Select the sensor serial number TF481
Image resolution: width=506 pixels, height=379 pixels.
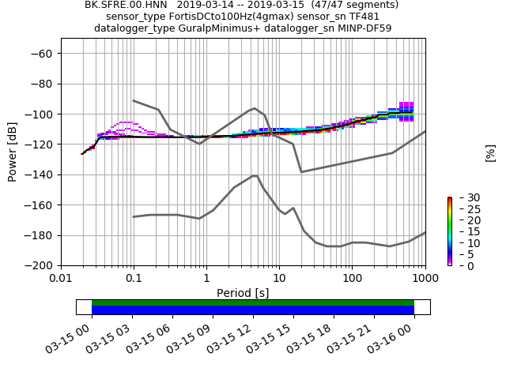tap(364, 17)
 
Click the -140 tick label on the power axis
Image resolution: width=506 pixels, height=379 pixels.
tap(40, 174)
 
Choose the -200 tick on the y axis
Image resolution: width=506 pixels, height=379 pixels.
tap(40, 265)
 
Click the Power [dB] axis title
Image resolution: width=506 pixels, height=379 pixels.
tap(13, 152)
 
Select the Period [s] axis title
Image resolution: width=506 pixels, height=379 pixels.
tap(243, 293)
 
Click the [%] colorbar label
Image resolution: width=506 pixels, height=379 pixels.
tap(490, 152)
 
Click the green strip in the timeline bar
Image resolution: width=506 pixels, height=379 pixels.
tap(253, 302)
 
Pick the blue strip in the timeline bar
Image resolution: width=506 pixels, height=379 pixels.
tap(253, 310)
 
